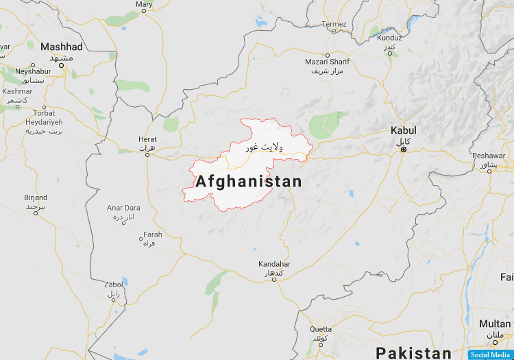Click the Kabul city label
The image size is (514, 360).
pos(403,130)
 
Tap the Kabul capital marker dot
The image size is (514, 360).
pos(403,149)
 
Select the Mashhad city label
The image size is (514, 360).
pos(61,47)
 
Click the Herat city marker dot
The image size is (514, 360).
pos(147,154)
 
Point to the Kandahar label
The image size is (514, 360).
pos(274,264)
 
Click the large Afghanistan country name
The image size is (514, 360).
pos(248,182)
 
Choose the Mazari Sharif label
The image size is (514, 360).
pos(327,62)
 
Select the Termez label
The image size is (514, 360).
pos(335,24)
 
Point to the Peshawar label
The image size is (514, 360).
pos(489,156)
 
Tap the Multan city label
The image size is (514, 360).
pos(494,324)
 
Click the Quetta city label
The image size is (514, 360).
pos(320,329)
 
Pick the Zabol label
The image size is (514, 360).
pos(113,284)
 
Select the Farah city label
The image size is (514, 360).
pos(153,235)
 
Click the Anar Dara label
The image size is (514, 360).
pos(123,208)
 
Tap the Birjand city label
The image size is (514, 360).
pos(35,197)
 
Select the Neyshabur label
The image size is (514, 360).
pos(33,71)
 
